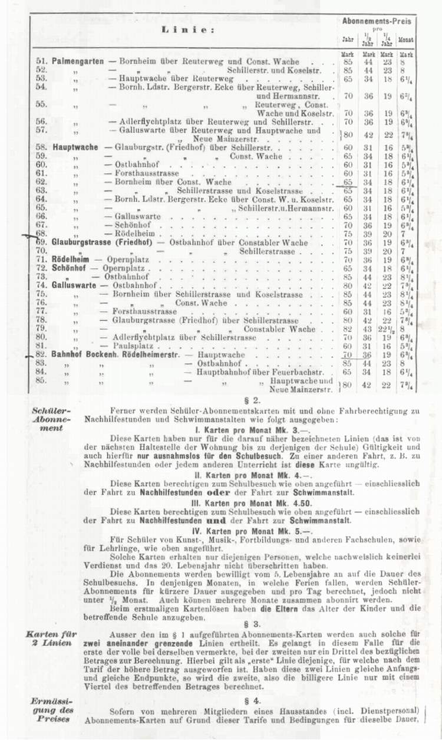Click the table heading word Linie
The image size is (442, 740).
coord(189,29)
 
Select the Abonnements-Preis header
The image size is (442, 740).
coord(377,21)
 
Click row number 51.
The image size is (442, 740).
coord(41,61)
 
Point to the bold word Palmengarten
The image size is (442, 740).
coord(78,61)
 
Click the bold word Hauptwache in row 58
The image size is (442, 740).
coord(75,147)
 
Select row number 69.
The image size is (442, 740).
coord(41,242)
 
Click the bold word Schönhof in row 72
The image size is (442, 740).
coord(69,268)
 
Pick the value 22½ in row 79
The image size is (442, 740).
coord(388,329)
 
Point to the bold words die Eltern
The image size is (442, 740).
coord(273,609)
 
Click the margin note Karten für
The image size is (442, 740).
coord(50,634)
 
